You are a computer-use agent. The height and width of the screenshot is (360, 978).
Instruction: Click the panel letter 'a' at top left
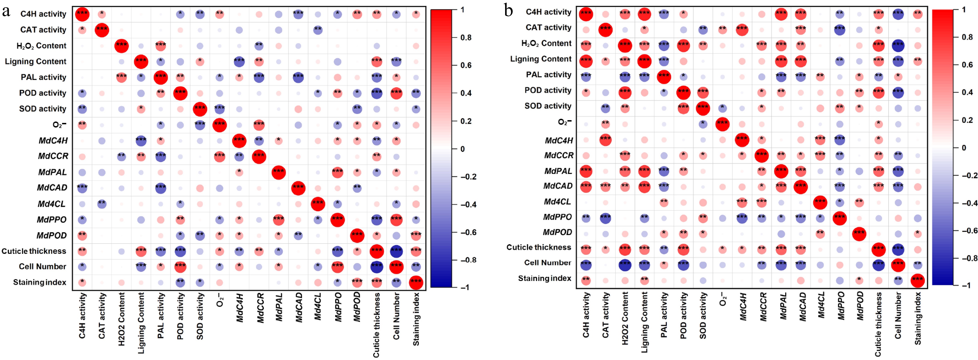click(x=6, y=11)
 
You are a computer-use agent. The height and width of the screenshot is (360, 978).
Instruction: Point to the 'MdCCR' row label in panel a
click(x=53, y=156)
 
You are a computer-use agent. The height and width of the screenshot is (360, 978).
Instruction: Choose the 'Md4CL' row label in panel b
click(x=557, y=201)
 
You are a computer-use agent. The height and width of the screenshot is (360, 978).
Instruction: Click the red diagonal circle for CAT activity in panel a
click(x=101, y=30)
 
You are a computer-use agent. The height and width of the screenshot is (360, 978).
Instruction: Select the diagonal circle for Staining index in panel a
click(x=416, y=282)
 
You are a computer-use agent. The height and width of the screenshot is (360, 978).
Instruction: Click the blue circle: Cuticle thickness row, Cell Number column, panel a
click(x=396, y=251)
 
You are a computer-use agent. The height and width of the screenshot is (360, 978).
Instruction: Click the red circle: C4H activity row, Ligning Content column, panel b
click(x=644, y=14)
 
